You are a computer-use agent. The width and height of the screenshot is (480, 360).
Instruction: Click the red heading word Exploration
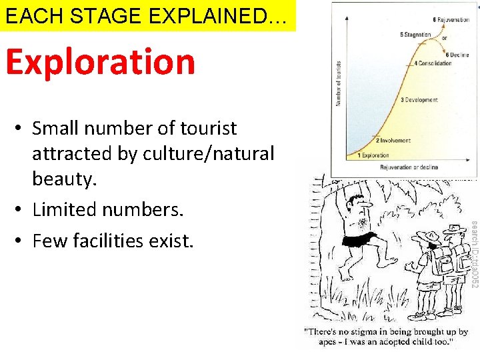tap(101, 62)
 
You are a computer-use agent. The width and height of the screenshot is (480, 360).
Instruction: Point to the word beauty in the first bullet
tap(63, 179)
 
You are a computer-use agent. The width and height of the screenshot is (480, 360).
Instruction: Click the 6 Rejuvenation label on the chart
tap(451, 20)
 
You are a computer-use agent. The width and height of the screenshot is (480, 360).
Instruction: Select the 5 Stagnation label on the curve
tap(416, 35)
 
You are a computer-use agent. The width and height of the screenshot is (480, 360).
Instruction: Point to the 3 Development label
tap(419, 100)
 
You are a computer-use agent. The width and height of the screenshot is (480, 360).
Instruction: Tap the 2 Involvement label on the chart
tap(393, 141)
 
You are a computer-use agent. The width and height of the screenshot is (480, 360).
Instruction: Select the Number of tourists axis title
tap(339, 83)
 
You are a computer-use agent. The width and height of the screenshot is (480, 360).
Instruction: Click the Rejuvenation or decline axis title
tap(409, 167)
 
